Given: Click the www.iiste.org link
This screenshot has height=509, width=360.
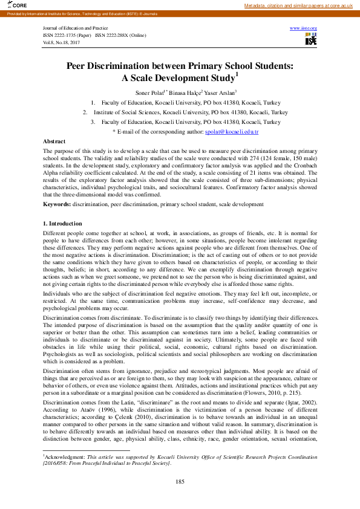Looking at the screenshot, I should [x=304, y=28].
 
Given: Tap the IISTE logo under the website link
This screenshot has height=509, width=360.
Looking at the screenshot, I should [x=311, y=40].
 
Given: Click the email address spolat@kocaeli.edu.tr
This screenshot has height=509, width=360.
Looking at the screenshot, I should [x=232, y=131].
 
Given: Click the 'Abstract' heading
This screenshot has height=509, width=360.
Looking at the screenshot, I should [x=54, y=140].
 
